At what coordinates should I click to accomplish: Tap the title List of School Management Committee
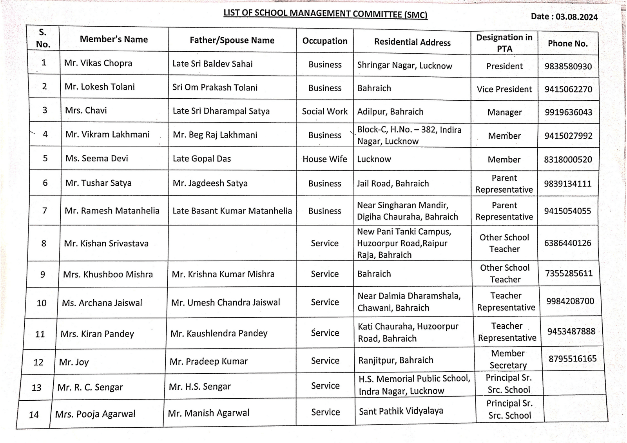click(325, 13)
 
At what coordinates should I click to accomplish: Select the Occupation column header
click(325, 41)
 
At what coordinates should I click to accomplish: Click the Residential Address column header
click(412, 42)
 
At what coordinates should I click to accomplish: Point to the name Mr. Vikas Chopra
click(98, 63)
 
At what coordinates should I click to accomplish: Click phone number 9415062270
click(568, 89)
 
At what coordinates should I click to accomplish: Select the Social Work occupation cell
click(325, 112)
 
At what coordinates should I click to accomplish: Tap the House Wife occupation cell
click(325, 159)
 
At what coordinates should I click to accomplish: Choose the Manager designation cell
click(504, 112)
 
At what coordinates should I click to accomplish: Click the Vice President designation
click(504, 89)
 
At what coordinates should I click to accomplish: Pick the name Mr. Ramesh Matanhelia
click(112, 211)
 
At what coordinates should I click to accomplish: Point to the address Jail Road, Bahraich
click(393, 183)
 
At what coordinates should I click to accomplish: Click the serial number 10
click(42, 303)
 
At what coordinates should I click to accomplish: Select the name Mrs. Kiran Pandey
click(97, 334)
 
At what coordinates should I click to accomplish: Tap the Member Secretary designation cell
click(508, 359)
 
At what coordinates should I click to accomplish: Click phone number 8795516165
click(573, 359)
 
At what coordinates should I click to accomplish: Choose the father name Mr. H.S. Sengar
click(200, 387)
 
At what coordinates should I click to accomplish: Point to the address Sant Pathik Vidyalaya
click(401, 411)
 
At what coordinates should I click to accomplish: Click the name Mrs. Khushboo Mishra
click(108, 274)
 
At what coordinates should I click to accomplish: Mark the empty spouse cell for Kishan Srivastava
click(232, 243)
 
